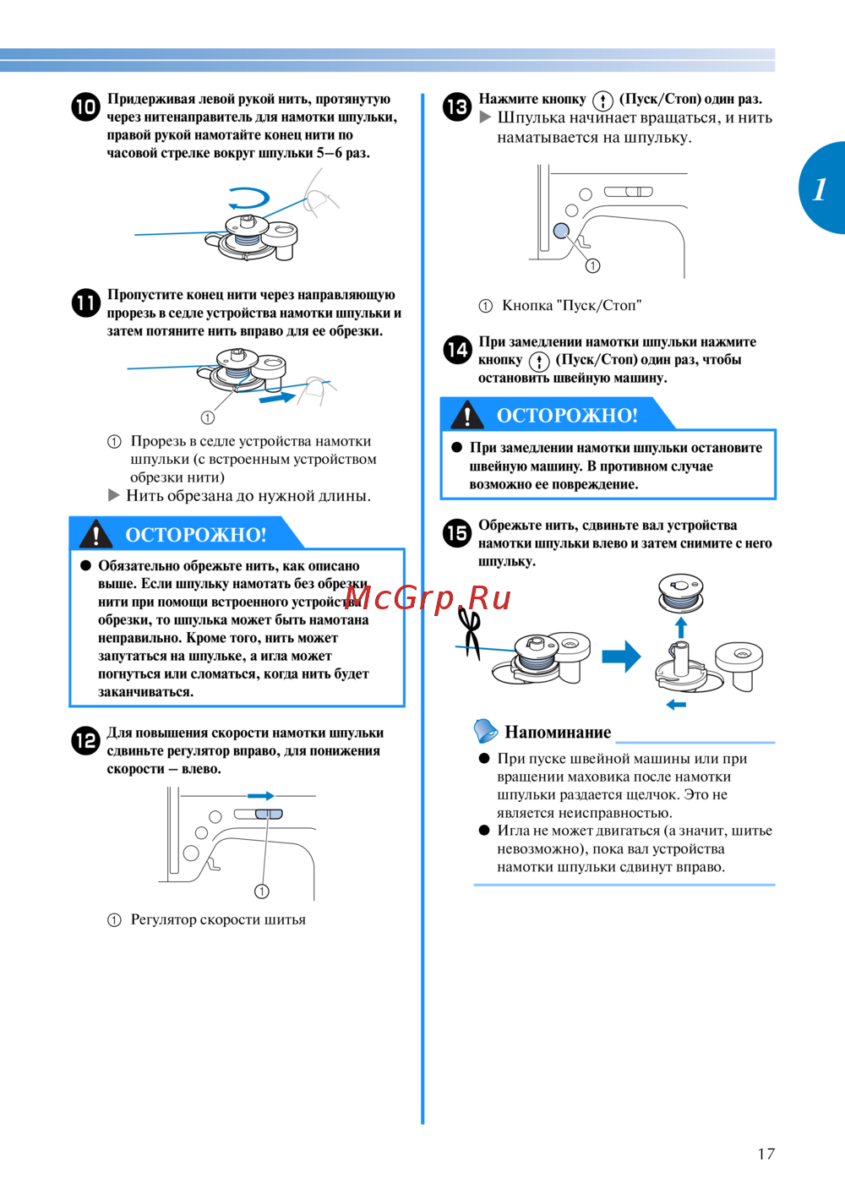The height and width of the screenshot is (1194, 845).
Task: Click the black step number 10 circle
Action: click(85, 107)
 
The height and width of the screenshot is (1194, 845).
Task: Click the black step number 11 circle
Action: click(85, 303)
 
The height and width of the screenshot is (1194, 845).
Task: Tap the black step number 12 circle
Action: click(85, 741)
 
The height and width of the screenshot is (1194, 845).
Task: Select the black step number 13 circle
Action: click(457, 107)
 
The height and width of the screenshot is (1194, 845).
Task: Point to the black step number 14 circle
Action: click(457, 350)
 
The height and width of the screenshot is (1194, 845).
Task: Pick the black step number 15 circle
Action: click(457, 533)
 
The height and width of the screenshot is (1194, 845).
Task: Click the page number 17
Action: click(766, 1153)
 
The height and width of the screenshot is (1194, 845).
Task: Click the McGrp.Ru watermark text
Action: click(428, 598)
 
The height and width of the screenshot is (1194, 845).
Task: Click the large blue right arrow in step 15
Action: click(621, 657)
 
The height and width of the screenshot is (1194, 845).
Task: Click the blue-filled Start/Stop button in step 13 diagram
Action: click(561, 231)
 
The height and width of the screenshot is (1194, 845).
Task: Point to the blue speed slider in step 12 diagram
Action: click(268, 814)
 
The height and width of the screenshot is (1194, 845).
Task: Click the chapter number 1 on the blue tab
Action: click(820, 188)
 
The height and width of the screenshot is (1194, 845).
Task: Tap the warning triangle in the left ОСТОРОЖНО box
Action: click(96, 534)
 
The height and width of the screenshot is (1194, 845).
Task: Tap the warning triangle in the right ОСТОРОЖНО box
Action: click(466, 415)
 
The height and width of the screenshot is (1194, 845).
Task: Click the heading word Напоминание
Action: click(558, 733)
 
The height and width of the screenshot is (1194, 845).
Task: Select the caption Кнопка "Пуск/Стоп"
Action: click(571, 306)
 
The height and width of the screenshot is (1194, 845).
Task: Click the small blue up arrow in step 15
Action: click(681, 627)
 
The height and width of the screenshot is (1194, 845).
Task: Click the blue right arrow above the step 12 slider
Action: click(260, 796)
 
